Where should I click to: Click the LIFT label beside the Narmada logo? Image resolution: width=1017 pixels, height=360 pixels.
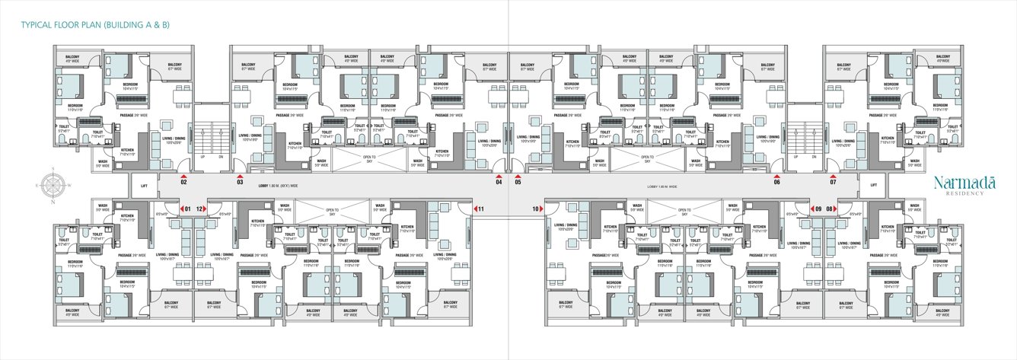pos(873,185)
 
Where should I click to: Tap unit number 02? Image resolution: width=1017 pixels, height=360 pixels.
pos(183,183)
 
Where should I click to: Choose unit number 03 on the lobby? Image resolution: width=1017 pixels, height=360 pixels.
pos(239,183)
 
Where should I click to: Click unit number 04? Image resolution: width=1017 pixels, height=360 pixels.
pos(499,183)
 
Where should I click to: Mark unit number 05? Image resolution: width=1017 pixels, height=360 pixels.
pos(518,183)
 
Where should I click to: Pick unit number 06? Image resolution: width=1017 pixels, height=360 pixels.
pos(777,183)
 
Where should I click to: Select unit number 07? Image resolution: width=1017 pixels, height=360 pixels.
pos(834,183)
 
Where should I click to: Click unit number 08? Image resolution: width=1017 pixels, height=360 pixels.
pos(829,209)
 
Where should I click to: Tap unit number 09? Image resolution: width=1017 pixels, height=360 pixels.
pos(818,209)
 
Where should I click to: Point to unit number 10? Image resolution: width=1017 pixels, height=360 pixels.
pos(536,209)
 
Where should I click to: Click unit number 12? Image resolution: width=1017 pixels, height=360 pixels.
pos(199,209)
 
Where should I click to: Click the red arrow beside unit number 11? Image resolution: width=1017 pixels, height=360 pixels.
pos(473,209)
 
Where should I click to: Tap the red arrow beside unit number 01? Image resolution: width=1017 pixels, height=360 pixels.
pos(180,209)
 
